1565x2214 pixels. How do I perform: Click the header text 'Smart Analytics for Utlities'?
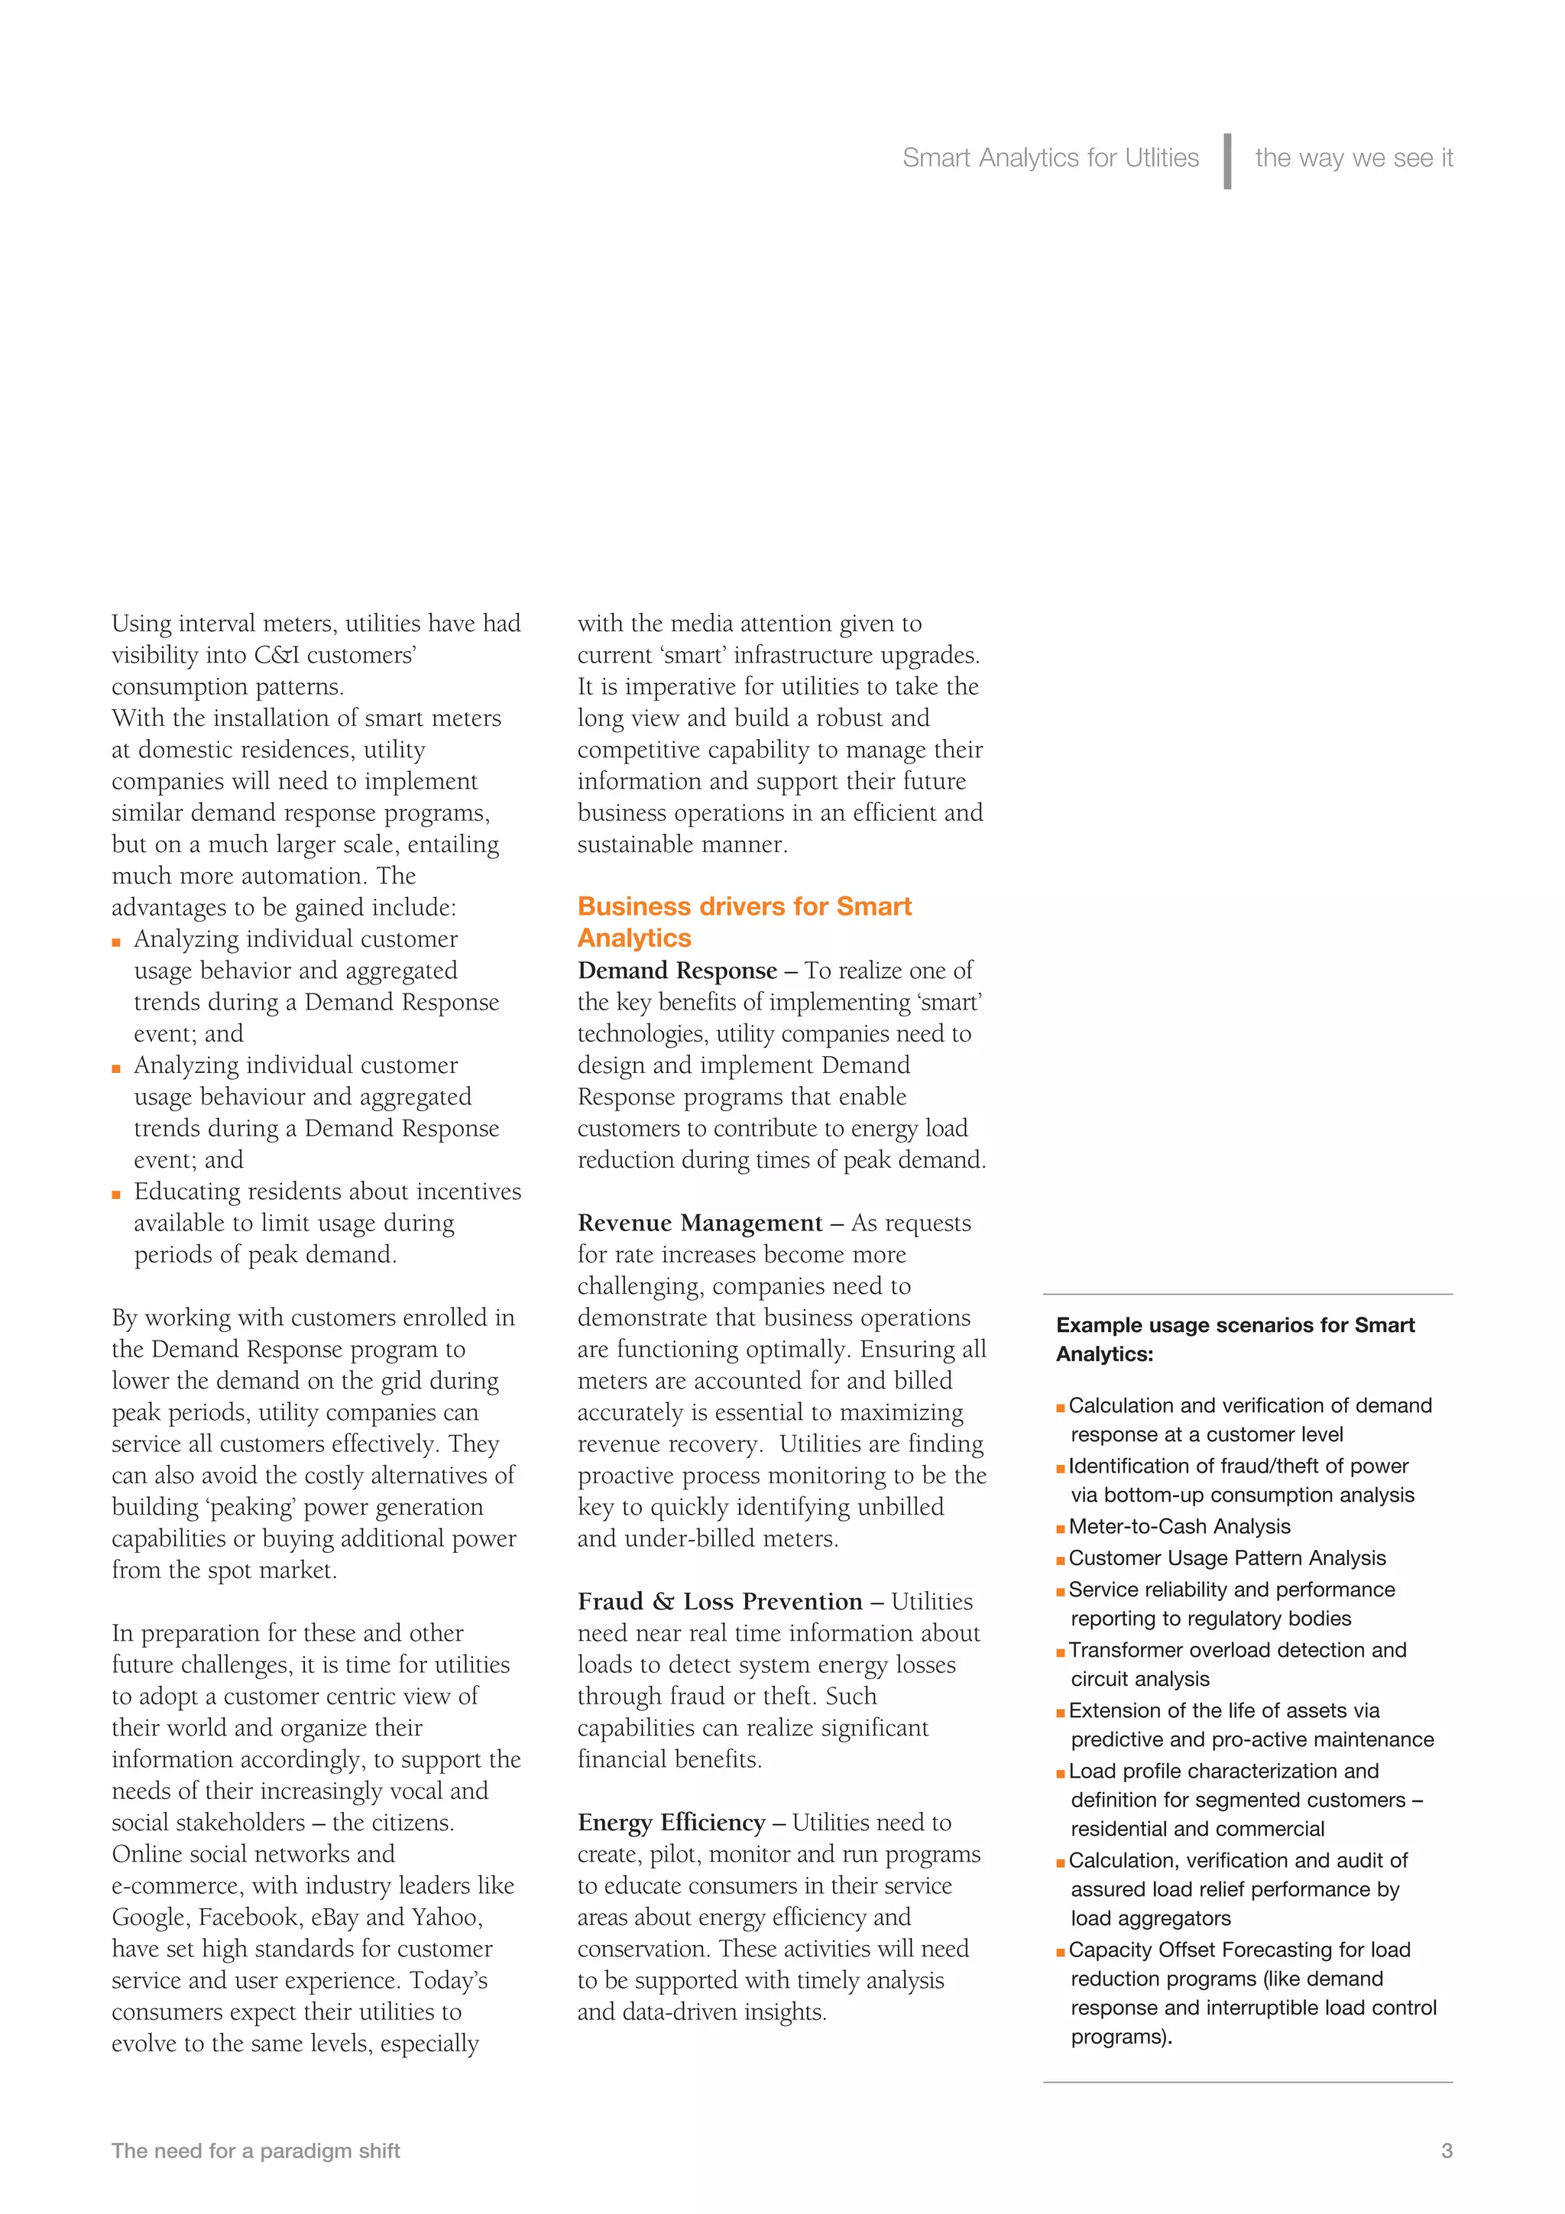click(1050, 158)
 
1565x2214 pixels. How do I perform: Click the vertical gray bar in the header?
click(1226, 161)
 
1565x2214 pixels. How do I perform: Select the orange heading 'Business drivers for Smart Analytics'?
click(744, 922)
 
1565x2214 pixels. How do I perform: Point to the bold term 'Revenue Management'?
click(699, 1223)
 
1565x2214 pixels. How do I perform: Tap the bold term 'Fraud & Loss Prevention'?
click(719, 1602)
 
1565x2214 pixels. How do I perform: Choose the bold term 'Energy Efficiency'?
click(671, 1823)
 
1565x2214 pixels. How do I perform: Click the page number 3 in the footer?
click(1447, 2151)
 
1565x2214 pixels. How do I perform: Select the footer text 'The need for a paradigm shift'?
click(255, 2151)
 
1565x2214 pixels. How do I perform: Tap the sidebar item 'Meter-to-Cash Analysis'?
click(1178, 1526)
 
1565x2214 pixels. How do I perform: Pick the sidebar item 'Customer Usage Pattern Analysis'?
click(1226, 1558)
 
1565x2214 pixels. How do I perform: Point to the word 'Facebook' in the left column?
click(248, 1917)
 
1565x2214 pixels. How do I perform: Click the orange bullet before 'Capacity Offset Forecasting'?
click(1061, 1952)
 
